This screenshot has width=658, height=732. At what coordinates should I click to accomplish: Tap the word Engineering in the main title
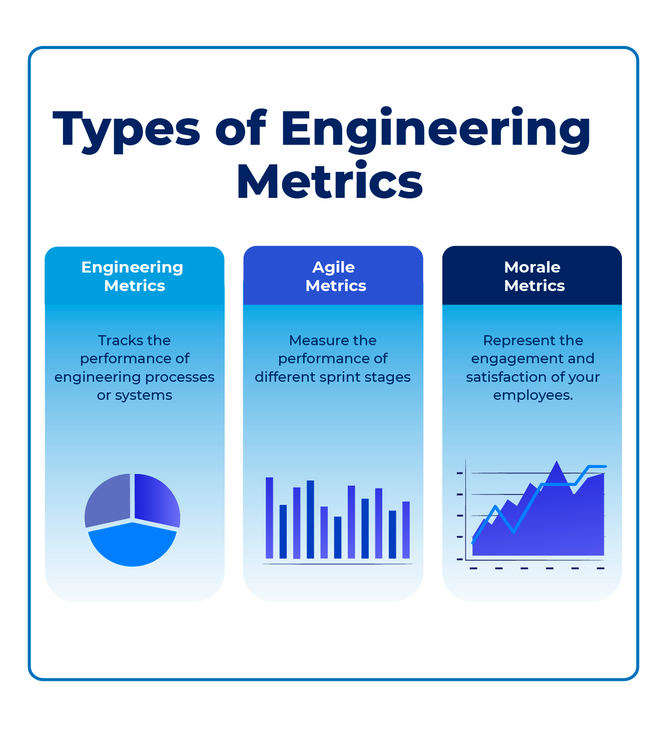(435, 129)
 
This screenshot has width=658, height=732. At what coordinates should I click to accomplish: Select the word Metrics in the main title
(330, 181)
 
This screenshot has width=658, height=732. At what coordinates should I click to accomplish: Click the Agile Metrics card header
(333, 276)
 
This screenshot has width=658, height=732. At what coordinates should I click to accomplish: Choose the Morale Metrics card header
(532, 276)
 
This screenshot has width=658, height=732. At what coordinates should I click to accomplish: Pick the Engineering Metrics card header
(134, 276)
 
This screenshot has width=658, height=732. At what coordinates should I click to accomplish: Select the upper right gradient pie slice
(155, 499)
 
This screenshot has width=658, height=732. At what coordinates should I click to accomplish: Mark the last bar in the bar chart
(406, 530)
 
